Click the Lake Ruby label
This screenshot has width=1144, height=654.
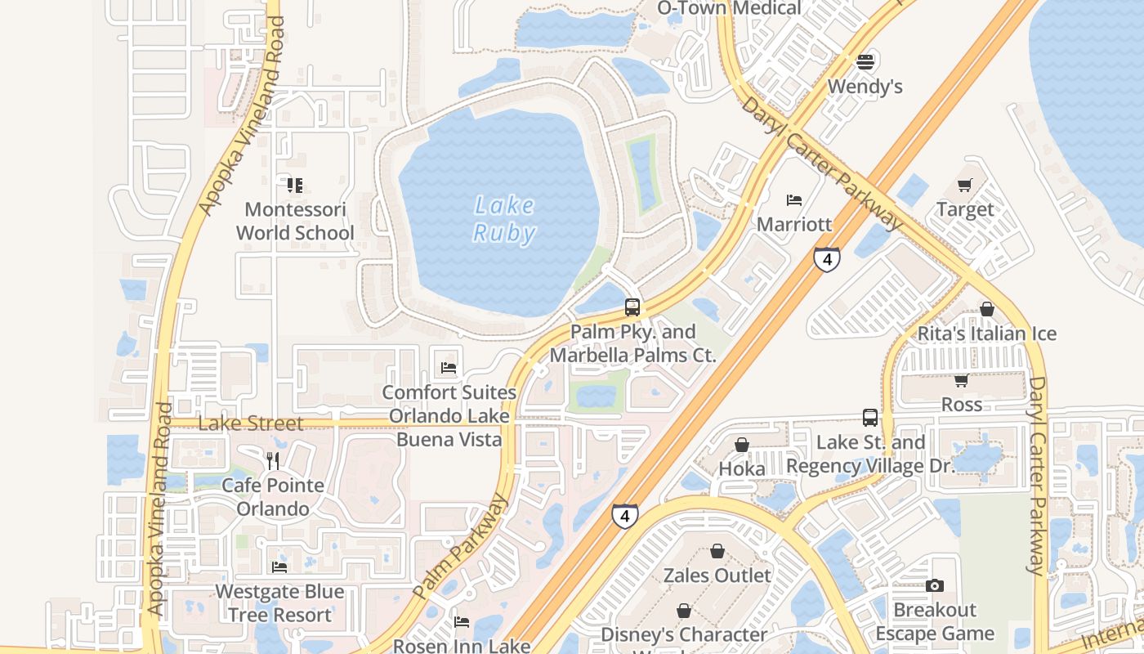505,219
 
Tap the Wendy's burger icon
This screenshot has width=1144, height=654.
865,61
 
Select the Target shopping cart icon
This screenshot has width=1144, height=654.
965,186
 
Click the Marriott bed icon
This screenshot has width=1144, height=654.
794,200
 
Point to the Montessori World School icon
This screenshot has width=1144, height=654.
295,186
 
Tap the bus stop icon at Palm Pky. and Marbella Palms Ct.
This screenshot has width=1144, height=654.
632,307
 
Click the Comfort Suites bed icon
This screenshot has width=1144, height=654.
449,368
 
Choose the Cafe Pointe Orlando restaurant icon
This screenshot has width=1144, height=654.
273,461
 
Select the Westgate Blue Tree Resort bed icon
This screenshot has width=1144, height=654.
279,567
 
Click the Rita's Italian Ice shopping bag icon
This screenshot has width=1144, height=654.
987,309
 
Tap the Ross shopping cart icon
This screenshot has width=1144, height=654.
962,380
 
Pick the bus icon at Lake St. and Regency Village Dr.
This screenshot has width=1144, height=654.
870,418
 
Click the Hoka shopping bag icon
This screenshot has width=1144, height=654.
742,445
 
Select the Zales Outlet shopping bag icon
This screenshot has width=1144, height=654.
717,551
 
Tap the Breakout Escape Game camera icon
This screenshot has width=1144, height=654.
935,585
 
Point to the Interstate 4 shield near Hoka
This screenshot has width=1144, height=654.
625,516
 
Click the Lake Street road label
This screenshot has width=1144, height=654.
251,423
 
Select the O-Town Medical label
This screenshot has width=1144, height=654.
730,8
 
